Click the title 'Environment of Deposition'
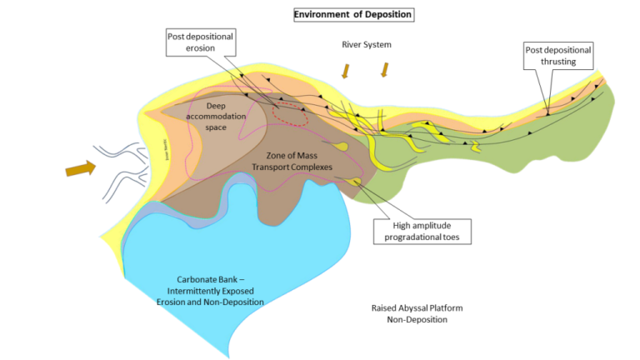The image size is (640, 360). pyautogui.click(x=353, y=15)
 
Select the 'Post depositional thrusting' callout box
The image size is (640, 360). pyautogui.click(x=558, y=56)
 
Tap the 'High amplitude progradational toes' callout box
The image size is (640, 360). pyautogui.click(x=432, y=230)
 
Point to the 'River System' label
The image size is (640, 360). pyautogui.click(x=367, y=44)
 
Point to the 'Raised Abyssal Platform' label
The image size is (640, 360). pyautogui.click(x=417, y=307)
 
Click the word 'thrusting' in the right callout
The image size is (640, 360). pyautogui.click(x=558, y=62)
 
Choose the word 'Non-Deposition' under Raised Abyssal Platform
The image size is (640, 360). pyautogui.click(x=417, y=319)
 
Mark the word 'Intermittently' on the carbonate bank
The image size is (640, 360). pyautogui.click(x=197, y=291)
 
